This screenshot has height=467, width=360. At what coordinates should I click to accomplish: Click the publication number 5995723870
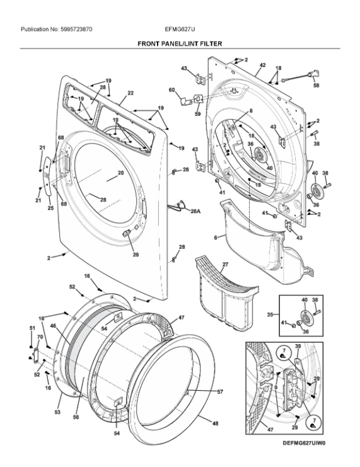click(76, 29)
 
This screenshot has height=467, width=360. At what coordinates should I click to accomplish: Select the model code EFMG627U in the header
click(180, 29)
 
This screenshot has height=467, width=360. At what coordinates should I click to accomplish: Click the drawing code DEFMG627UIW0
click(304, 443)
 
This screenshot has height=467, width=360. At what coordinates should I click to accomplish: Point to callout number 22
click(131, 93)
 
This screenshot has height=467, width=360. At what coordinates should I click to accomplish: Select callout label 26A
click(195, 211)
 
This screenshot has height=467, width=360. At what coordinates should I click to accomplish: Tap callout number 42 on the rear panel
click(262, 65)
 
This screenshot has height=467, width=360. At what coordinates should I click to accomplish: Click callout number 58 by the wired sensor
click(316, 85)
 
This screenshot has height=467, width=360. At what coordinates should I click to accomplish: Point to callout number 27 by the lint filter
click(225, 264)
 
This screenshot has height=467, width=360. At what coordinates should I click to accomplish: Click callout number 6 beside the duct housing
click(216, 238)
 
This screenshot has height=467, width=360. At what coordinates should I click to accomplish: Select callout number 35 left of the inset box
click(270, 314)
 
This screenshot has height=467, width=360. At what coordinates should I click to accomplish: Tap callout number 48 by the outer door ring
click(215, 423)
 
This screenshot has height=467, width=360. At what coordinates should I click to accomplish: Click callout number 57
click(220, 392)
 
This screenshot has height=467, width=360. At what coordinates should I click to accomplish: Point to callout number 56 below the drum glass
click(76, 417)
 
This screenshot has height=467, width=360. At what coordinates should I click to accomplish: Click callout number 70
click(40, 337)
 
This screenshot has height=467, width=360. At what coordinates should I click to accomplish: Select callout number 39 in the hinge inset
click(298, 346)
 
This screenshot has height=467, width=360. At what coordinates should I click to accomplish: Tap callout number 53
click(57, 412)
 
